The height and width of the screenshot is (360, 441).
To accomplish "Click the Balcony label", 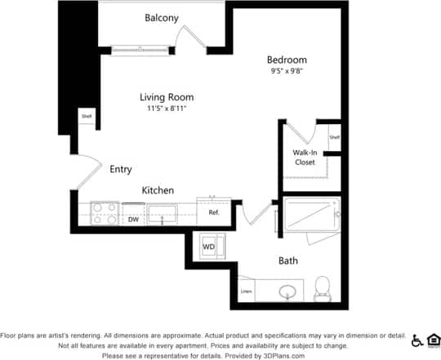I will (x=162, y=18).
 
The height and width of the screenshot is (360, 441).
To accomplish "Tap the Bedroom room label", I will (x=287, y=60).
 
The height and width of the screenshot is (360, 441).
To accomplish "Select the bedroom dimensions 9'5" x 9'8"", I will (x=287, y=72).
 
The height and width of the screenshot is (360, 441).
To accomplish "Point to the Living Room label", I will (x=167, y=97).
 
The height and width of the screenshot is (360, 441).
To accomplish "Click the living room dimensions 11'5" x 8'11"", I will (x=167, y=109).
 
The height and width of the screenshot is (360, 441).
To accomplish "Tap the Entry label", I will (x=120, y=170).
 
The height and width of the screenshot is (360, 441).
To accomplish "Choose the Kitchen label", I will (x=158, y=190).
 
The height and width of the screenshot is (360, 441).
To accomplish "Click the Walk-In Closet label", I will (x=305, y=158).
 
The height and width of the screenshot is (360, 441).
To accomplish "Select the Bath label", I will (x=287, y=261).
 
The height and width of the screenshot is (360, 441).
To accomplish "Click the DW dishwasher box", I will (x=132, y=220).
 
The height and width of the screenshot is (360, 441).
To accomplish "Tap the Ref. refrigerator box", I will (x=214, y=212).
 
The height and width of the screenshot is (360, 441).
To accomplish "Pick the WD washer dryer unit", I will (x=208, y=246).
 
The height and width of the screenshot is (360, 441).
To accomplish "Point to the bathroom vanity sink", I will (x=288, y=291).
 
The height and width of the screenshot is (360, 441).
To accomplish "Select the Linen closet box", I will (x=245, y=291).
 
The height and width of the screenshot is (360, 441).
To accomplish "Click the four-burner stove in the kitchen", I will (x=104, y=213).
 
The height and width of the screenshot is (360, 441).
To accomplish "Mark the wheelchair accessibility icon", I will (x=417, y=340).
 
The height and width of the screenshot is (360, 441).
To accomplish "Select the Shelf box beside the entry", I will (x=86, y=117).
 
